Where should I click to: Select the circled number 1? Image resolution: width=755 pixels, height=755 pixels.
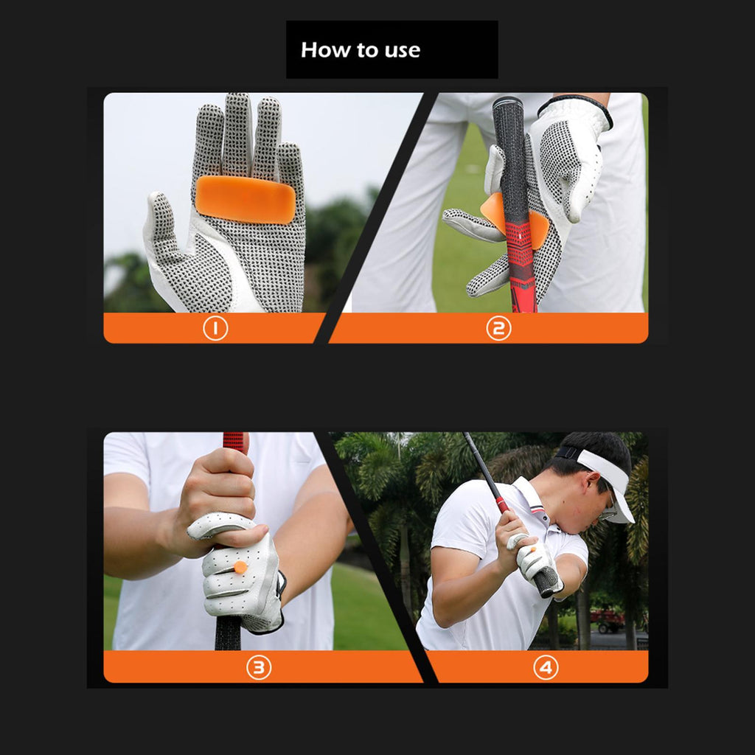(215, 328)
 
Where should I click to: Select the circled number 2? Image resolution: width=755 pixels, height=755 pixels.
(498, 328)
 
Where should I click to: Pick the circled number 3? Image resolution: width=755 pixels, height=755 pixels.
(259, 667)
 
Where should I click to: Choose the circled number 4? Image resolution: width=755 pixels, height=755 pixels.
(546, 667)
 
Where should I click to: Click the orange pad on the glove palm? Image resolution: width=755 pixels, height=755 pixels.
(246, 199)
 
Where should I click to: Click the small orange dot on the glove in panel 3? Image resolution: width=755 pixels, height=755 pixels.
(240, 567)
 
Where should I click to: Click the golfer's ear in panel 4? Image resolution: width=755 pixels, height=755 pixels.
(592, 481)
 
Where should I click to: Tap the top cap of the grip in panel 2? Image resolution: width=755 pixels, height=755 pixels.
(507, 102)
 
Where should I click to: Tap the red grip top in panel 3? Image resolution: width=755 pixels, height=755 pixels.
(235, 442)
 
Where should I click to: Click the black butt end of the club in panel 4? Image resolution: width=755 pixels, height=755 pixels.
(547, 582)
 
